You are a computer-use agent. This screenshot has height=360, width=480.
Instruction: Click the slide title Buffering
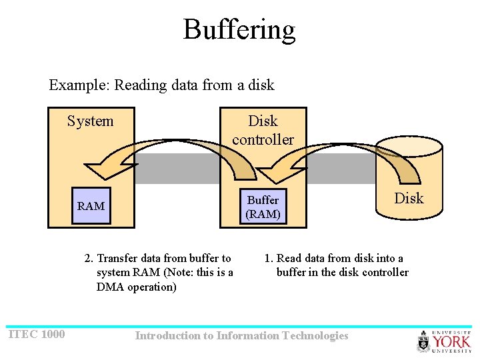coord(239,30)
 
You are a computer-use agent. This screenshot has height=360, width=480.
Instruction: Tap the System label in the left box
coord(90,121)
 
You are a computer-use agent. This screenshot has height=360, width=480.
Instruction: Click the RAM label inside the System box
coord(91,206)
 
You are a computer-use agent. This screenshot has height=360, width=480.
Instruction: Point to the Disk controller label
coord(263,130)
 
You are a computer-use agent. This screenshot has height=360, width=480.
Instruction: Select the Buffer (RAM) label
coord(263,207)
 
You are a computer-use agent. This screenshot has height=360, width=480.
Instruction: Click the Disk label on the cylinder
coord(409,198)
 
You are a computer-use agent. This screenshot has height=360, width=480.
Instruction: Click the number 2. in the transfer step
coord(89,259)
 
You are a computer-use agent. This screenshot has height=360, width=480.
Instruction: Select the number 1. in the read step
coord(268,259)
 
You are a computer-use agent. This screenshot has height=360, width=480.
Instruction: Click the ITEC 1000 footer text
coord(37,334)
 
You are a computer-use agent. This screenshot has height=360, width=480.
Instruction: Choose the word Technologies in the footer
coord(315,336)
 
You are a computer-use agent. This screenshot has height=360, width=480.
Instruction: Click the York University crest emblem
coord(424,341)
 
